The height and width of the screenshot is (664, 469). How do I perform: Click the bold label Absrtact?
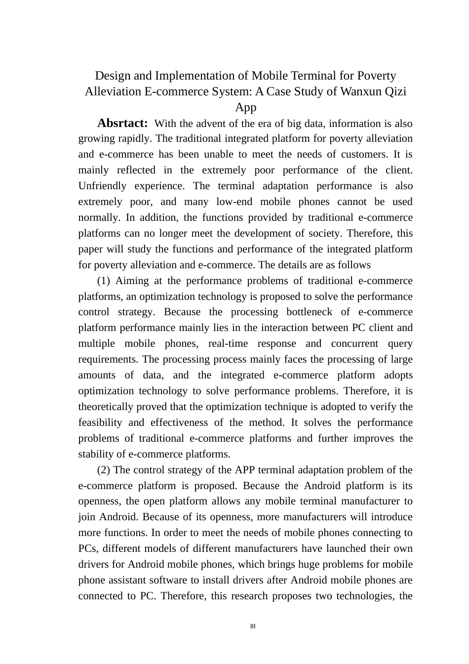(x=122, y=123)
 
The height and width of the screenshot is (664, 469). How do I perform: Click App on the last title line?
(x=245, y=107)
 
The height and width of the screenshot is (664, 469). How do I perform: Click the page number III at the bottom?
(x=253, y=626)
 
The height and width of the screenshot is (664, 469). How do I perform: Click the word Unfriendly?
(x=102, y=186)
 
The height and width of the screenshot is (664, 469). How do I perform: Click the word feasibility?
(x=100, y=422)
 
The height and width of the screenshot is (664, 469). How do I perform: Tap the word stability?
(x=95, y=454)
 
